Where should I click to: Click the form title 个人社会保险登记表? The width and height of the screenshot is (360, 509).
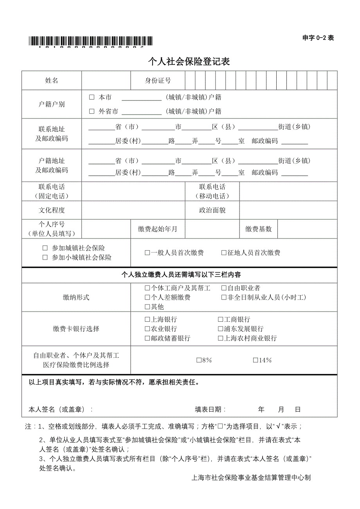[x=189, y=61]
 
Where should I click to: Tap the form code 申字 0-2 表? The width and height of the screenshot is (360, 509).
[x=318, y=38]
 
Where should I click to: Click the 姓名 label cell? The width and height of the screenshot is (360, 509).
[x=52, y=81]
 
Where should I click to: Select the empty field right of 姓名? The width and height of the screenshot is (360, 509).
[x=106, y=81]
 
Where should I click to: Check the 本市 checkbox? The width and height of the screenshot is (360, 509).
[x=92, y=97]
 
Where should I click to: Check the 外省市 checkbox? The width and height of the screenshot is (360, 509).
[x=92, y=111]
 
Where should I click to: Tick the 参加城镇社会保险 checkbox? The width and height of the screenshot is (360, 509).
[x=45, y=248]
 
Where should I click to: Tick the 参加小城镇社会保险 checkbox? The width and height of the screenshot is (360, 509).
[x=45, y=258]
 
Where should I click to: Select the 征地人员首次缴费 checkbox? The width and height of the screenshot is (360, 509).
[x=224, y=253]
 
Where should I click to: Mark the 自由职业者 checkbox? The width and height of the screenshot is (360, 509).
[x=224, y=288]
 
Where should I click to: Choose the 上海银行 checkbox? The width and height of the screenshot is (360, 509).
[x=147, y=320]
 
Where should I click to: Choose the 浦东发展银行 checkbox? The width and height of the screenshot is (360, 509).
[x=221, y=329]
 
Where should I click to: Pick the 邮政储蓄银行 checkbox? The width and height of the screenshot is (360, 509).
[x=147, y=339]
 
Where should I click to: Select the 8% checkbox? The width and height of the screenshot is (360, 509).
[x=199, y=360]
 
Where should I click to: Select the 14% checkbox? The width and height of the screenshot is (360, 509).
[x=255, y=360]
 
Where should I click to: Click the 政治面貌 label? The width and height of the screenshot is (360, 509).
[x=212, y=210]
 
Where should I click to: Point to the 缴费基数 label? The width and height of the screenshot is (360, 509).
[x=258, y=229]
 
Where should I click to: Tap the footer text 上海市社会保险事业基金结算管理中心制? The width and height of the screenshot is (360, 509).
[x=251, y=478]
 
